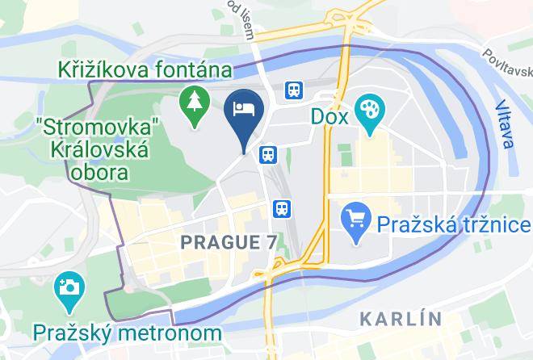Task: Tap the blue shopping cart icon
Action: tap(355, 216)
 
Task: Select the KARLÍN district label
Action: tap(401, 318)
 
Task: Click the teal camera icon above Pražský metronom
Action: tap(68, 287)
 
